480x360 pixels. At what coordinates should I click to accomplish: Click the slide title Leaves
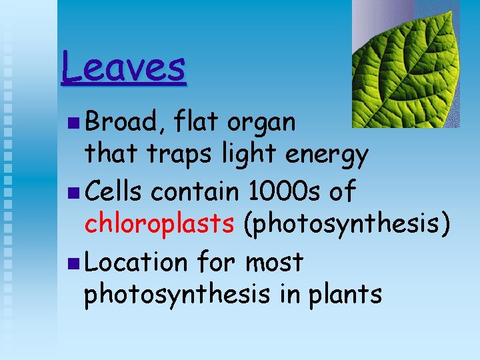click(123, 68)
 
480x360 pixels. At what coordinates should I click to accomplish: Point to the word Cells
click(113, 192)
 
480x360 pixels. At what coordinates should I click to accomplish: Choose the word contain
click(194, 192)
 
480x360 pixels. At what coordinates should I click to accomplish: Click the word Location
click(137, 262)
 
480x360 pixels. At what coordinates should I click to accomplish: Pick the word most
click(274, 262)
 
